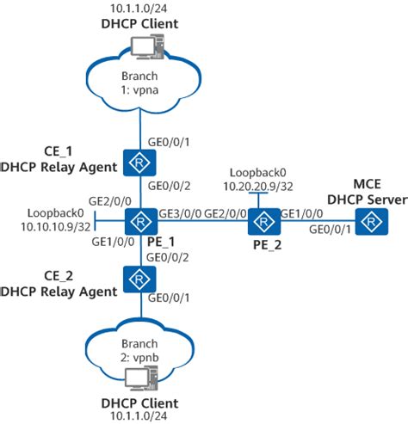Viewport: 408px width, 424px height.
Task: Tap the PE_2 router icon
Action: point(260,222)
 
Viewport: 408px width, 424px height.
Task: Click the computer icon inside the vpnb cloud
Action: point(138,377)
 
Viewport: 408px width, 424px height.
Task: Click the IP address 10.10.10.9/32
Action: point(54,227)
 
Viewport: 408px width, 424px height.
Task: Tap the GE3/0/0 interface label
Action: point(179,213)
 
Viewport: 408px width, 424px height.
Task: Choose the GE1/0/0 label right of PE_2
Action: point(303,213)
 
